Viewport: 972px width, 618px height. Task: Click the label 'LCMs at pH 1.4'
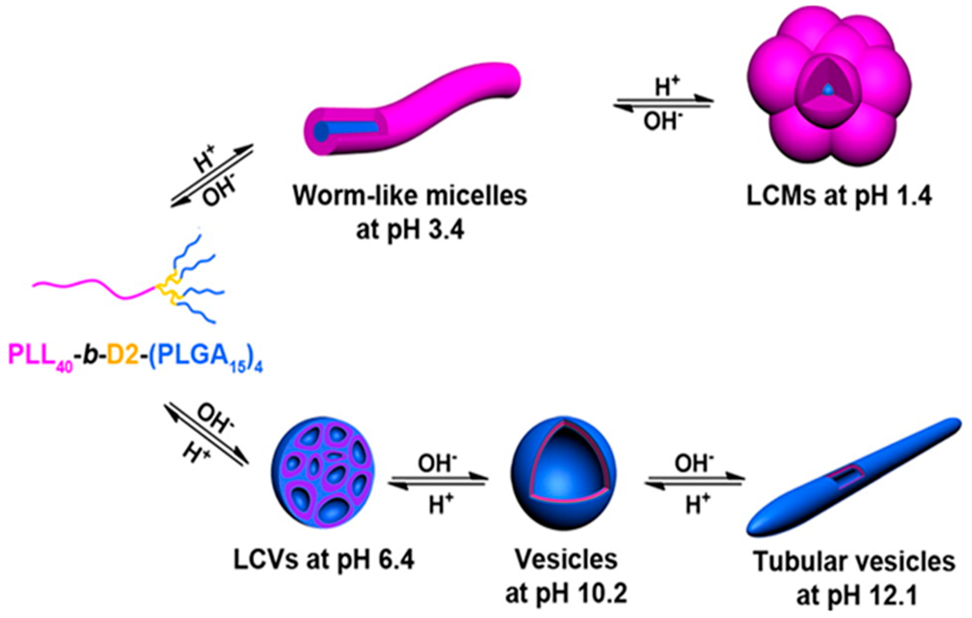click(839, 197)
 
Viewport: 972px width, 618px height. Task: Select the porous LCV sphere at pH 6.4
click(323, 472)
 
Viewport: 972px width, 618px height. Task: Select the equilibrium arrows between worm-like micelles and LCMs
click(663, 103)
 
